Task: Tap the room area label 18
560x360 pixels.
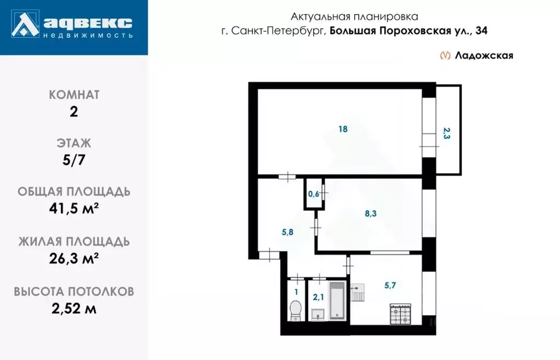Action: click(x=343, y=129)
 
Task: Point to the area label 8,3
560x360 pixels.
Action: click(x=371, y=214)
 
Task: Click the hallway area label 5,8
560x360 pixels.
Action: click(x=288, y=232)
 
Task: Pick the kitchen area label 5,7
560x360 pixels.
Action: click(x=391, y=285)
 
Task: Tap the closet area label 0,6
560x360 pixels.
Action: click(x=313, y=194)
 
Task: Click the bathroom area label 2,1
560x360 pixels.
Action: click(x=318, y=297)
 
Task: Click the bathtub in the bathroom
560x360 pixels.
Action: click(x=337, y=301)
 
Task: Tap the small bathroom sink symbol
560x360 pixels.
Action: click(x=317, y=313)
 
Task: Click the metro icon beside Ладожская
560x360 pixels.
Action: click(x=446, y=55)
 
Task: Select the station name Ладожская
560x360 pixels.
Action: click(x=484, y=55)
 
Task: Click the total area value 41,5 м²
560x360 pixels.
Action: click(x=74, y=210)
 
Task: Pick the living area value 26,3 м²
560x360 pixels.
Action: click(x=74, y=258)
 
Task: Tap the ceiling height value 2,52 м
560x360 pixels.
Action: click(x=74, y=308)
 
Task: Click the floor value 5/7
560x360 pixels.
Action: click(x=74, y=161)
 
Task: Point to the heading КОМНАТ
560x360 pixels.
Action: click(x=74, y=95)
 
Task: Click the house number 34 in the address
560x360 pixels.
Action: click(x=481, y=31)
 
